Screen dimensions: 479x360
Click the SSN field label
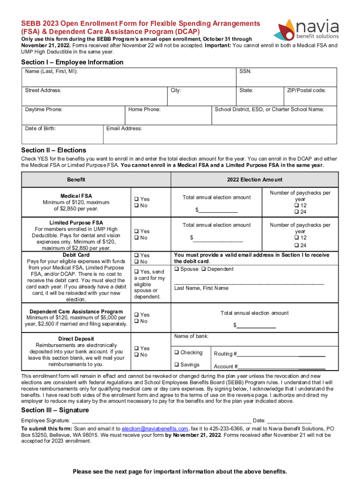click(x=245, y=72)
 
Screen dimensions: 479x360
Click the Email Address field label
click(x=124, y=128)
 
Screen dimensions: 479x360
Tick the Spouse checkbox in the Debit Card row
click(x=177, y=269)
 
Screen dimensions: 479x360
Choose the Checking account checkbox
click(x=177, y=353)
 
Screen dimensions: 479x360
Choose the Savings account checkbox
click(x=177, y=365)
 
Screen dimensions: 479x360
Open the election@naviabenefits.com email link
click(x=155, y=428)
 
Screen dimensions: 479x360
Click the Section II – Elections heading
click(x=54, y=150)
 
